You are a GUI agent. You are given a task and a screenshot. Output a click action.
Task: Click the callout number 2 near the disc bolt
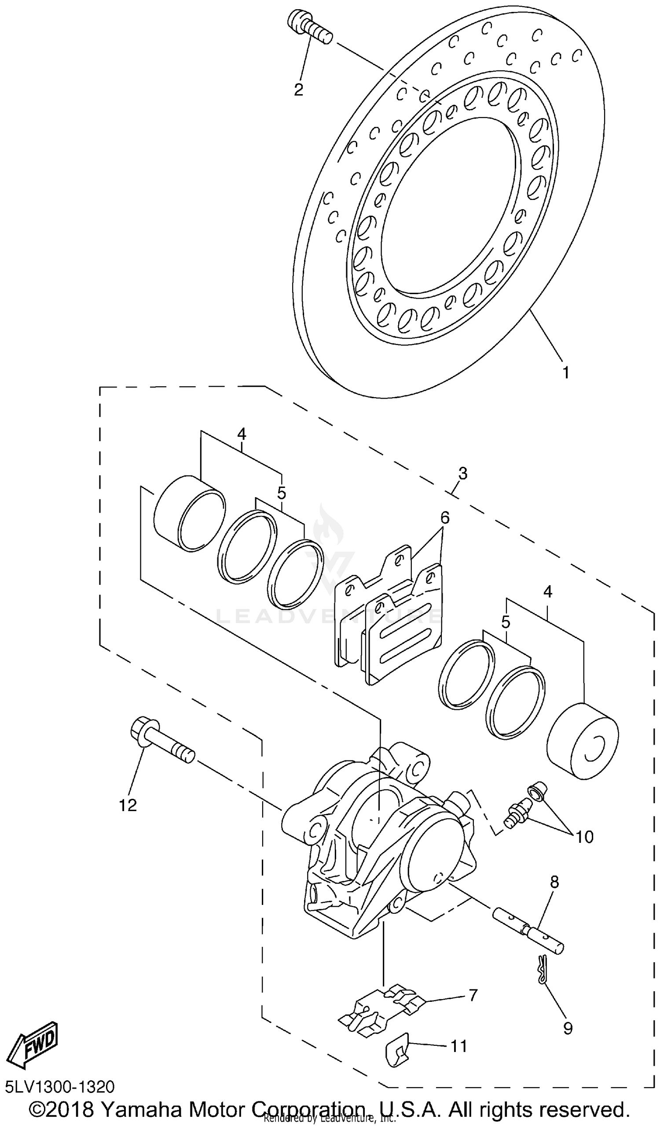coord(298,89)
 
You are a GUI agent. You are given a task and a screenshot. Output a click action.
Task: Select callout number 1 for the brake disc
coord(565,372)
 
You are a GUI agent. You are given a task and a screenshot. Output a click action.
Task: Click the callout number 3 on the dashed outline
coord(462,474)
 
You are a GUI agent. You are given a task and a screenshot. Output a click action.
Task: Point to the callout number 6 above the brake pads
coord(445,518)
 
